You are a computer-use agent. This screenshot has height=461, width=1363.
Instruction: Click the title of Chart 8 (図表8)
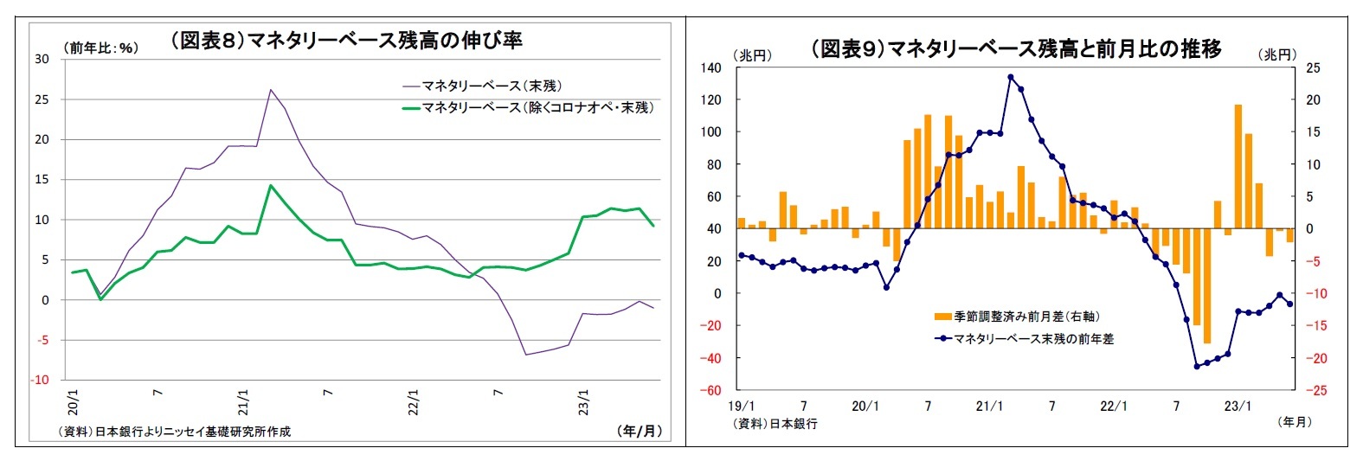(x=346, y=41)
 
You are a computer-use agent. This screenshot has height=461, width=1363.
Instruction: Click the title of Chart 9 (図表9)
(x=1016, y=48)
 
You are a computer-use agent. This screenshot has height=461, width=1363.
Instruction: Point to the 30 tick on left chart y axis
(x=42, y=59)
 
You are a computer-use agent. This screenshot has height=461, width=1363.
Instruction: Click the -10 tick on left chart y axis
(x=40, y=380)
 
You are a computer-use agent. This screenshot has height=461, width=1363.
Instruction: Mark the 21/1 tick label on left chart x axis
(x=243, y=402)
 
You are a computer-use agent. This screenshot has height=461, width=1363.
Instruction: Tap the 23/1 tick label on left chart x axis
(x=584, y=402)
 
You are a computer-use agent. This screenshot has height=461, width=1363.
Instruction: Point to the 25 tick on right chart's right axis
(x=1313, y=67)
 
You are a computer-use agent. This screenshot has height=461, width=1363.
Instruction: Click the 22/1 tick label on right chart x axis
(x=1114, y=406)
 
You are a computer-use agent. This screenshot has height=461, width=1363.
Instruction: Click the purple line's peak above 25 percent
(x=270, y=89)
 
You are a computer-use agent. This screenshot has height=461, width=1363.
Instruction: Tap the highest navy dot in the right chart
(x=1011, y=77)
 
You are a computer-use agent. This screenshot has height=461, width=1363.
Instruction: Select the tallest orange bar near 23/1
(x=1238, y=166)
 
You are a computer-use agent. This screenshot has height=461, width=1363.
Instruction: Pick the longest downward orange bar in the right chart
(x=1207, y=286)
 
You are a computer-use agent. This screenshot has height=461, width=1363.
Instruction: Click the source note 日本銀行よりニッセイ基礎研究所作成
(x=174, y=431)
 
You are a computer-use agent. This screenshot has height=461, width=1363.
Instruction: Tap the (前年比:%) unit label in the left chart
(x=100, y=48)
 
